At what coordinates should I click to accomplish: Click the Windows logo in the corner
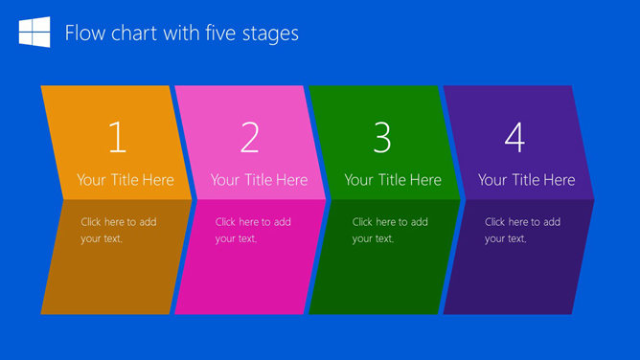point(34,33)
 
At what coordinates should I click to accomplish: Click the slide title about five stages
point(181,34)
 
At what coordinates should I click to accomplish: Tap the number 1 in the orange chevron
point(117,139)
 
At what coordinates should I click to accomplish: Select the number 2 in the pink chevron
point(250,139)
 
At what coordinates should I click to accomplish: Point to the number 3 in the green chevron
point(382,139)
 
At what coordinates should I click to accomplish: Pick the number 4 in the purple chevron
point(514,139)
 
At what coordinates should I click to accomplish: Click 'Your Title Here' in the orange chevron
point(126,180)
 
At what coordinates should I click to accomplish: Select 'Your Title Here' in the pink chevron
point(259,180)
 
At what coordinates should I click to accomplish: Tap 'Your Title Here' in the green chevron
point(393,180)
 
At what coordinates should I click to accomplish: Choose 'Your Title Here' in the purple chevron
point(526,180)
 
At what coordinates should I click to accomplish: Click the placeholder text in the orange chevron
point(119,230)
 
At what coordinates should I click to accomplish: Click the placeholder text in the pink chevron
point(253,230)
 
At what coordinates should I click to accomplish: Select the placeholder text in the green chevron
point(390,230)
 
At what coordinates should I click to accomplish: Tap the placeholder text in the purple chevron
point(522,230)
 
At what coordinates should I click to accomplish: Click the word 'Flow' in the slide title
point(83,34)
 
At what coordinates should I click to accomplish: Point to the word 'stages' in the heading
point(270,34)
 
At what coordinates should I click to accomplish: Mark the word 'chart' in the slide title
point(130,34)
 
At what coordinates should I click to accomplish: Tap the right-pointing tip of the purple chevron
point(591,199)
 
